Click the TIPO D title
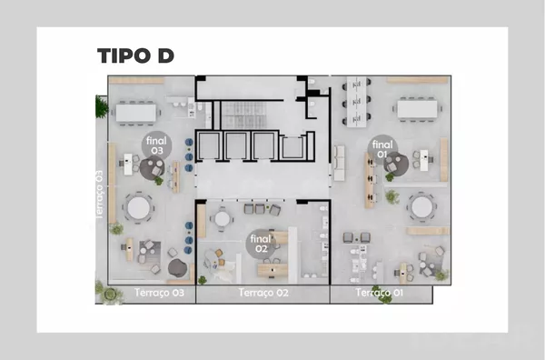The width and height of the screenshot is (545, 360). tap(135, 55)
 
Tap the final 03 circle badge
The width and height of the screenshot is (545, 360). tap(157, 145)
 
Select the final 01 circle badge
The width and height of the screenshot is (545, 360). tap(382, 149)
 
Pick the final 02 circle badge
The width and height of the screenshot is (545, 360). tap(261, 244)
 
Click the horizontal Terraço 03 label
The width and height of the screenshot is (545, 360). tap(159, 293)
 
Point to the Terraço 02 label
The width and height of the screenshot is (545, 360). tap(263, 293)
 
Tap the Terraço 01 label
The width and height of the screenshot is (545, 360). tap(379, 293)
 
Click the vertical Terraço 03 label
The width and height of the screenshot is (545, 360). tap(100, 195)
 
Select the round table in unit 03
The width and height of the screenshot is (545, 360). tap(138, 208)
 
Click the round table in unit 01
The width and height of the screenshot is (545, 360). tap(422, 207)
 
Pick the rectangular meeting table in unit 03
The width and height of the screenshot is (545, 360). tap(136, 113)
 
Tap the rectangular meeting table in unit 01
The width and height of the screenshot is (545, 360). tap(418, 109)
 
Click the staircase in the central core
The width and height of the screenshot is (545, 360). tap(243, 115)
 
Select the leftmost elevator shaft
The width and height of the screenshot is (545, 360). tap(209, 145)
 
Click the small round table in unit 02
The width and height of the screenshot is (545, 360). tap(222, 219)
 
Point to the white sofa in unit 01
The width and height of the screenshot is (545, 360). tap(339, 163)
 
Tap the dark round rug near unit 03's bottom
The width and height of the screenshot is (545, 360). tap(178, 268)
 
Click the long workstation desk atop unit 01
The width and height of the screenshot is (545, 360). tap(357, 102)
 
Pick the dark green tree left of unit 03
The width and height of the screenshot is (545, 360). tap(101, 106)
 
